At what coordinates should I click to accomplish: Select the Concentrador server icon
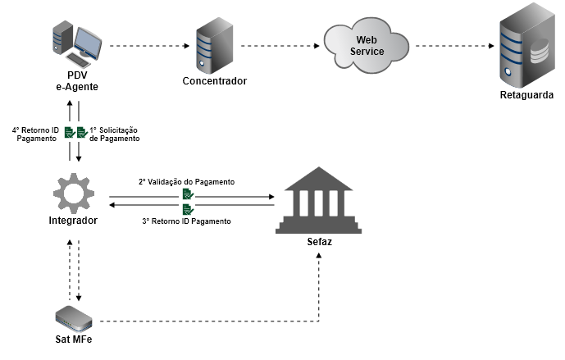212,46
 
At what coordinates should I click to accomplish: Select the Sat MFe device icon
74,319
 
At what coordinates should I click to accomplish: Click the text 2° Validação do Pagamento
186,181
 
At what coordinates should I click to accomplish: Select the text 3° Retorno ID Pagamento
187,222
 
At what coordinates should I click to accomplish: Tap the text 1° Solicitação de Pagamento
115,134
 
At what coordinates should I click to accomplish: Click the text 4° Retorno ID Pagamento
35,134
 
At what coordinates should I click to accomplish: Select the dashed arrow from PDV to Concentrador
144,46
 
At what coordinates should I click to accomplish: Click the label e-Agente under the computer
78,88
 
